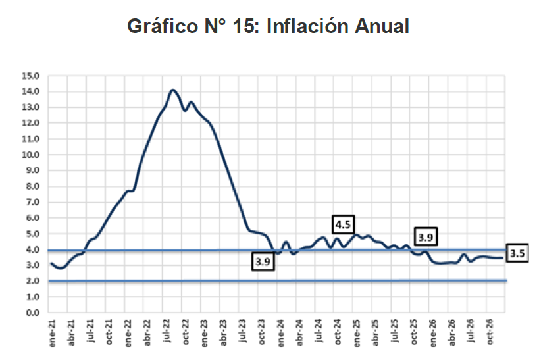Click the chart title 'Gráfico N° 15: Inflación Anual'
[x=269, y=26]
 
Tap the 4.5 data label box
[x=343, y=224]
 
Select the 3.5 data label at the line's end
[x=518, y=253]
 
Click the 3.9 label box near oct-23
[x=262, y=261]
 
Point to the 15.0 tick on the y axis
[x=33, y=76]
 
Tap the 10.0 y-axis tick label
[x=33, y=155]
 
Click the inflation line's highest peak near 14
[x=173, y=90]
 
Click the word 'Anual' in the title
[x=382, y=26]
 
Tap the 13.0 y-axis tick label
[x=33, y=107]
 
